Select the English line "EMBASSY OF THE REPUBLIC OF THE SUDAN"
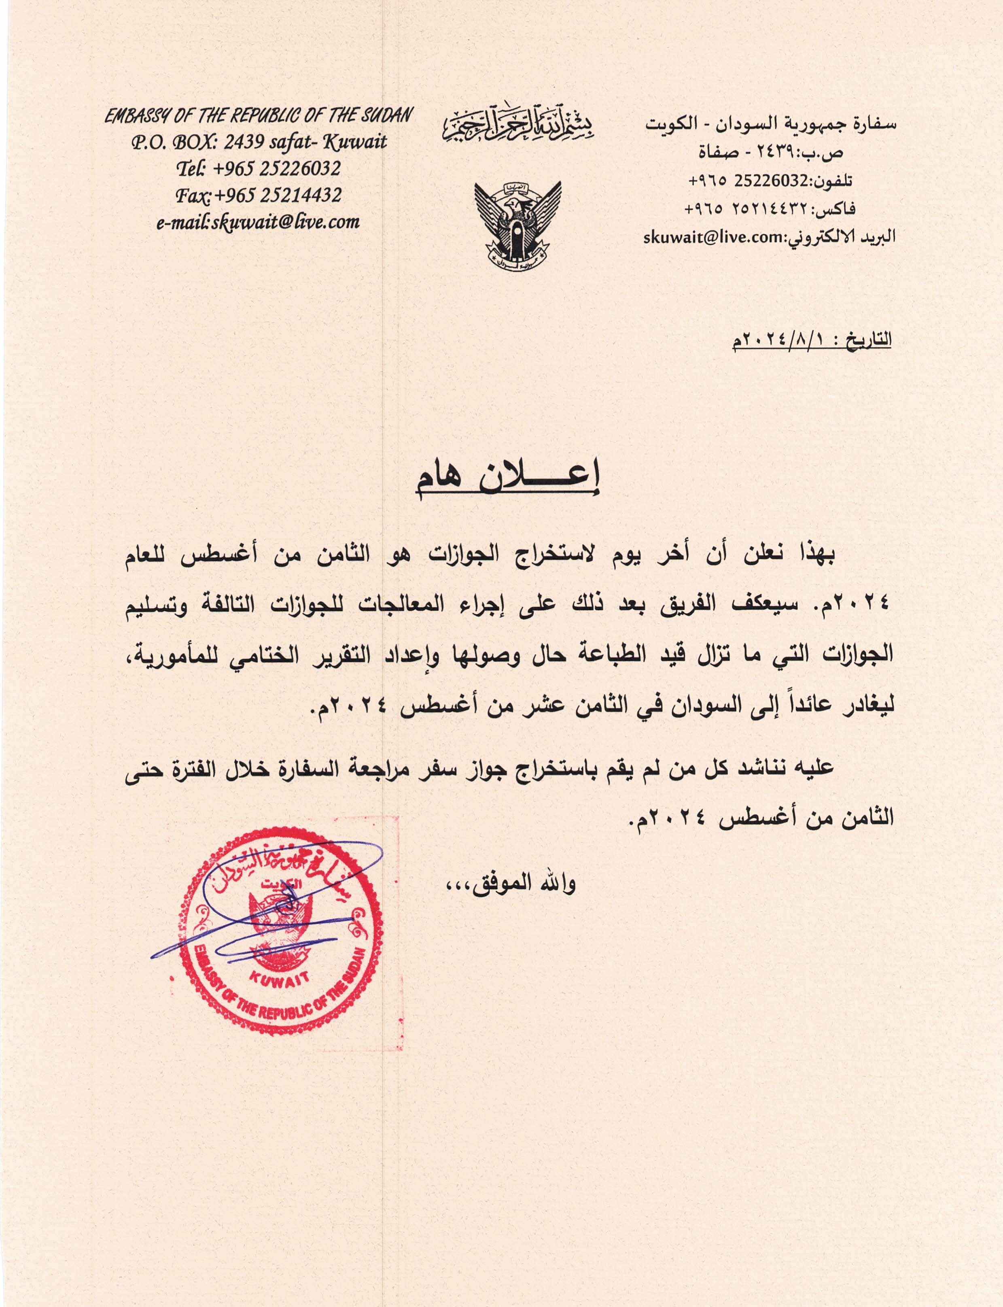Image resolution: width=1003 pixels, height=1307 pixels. click(x=258, y=116)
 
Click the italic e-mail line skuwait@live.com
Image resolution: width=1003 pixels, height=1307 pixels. click(x=258, y=222)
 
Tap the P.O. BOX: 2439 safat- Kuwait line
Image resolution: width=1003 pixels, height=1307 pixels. click(x=258, y=142)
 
